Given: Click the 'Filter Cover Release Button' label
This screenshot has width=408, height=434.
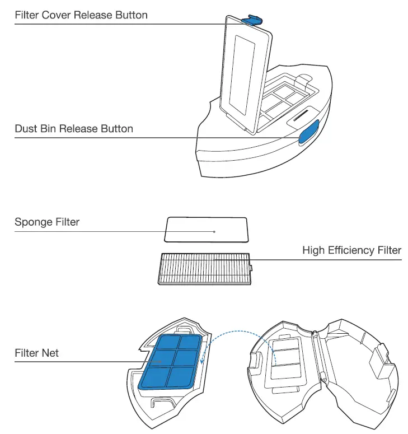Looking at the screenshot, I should pyautogui.click(x=81, y=15).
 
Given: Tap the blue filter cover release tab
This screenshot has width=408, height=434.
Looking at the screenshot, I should pyautogui.click(x=253, y=20).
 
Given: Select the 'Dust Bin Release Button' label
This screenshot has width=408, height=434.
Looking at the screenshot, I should pyautogui.click(x=74, y=129).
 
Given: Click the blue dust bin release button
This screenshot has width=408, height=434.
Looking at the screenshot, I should pyautogui.click(x=309, y=132).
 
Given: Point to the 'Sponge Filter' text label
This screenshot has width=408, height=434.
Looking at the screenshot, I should pyautogui.click(x=47, y=222).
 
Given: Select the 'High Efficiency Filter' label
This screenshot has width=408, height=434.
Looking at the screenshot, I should pyautogui.click(x=351, y=250).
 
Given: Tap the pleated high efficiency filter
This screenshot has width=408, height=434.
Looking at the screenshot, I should pyautogui.click(x=204, y=268).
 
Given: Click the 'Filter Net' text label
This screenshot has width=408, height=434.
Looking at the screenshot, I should pyautogui.click(x=37, y=353).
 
